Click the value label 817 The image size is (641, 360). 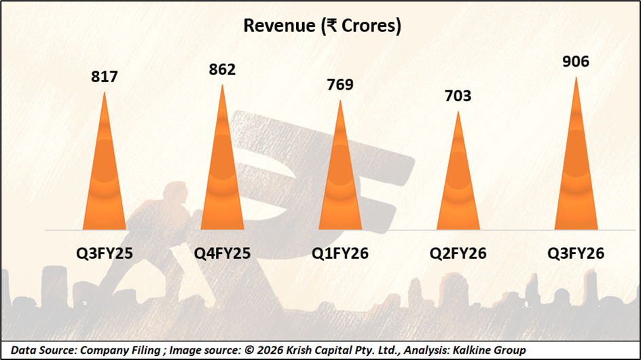(105, 77)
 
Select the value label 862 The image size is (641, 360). (222, 69)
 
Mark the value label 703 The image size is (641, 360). (458, 96)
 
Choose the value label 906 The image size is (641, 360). (576, 62)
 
